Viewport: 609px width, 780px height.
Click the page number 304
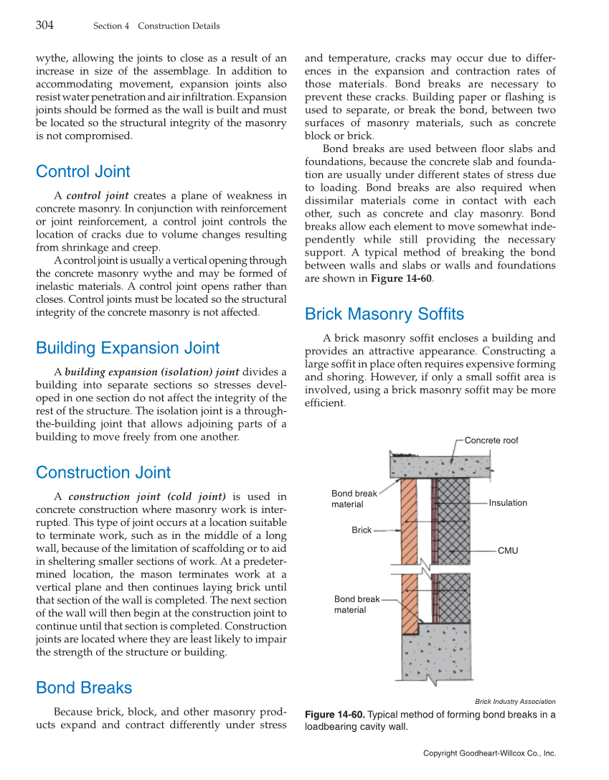click(44, 26)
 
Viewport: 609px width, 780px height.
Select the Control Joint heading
click(83, 171)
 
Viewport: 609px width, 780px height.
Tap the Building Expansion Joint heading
click(128, 348)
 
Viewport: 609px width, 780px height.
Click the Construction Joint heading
click(103, 472)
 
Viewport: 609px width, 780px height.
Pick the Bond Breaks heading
click(84, 687)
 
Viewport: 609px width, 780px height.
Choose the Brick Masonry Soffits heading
click(384, 314)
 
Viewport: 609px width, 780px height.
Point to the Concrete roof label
click(491, 441)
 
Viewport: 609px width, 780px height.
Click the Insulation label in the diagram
click(508, 503)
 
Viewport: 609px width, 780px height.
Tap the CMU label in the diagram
click(507, 550)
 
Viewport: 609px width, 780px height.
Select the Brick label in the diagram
click(362, 530)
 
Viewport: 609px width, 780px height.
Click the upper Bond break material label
click(354, 499)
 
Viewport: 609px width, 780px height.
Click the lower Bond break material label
click(357, 604)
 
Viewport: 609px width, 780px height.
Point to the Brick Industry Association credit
click(515, 701)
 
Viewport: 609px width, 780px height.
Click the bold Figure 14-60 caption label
click(335, 715)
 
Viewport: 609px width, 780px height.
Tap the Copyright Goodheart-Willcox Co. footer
click(489, 753)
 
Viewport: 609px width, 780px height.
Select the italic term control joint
click(98, 196)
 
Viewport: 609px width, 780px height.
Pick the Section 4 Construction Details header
click(156, 27)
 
